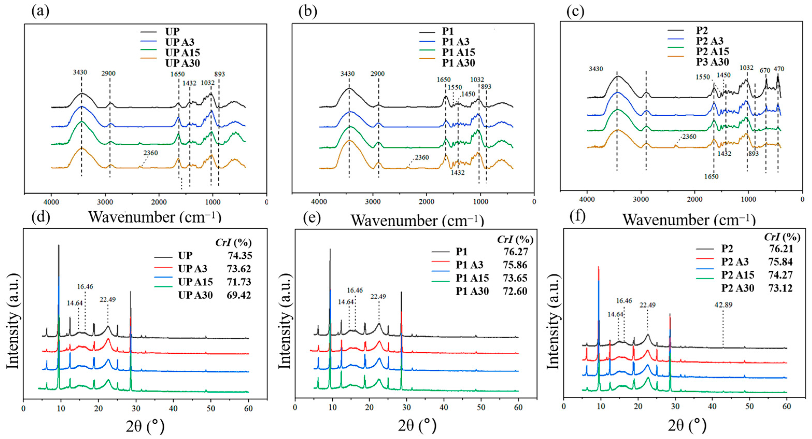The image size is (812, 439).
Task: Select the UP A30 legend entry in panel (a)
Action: pos(182,63)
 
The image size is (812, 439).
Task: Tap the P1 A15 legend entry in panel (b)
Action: pos(458,52)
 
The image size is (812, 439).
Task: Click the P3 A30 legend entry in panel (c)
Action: pos(712,62)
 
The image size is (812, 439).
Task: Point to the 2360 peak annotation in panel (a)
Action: pos(150,153)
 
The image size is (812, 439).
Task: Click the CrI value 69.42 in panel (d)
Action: pos(239,295)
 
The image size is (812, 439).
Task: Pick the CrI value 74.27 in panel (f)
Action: pos(780,275)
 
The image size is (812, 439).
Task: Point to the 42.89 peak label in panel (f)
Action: pos(723,305)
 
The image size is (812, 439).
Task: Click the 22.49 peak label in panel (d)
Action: pos(108,300)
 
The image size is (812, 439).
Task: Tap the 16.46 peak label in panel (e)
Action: pos(355,291)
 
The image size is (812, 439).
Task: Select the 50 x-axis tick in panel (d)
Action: pos(211,409)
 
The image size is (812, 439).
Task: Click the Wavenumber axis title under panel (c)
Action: pos(688,219)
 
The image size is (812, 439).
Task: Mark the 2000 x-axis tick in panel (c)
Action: pos(694,199)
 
